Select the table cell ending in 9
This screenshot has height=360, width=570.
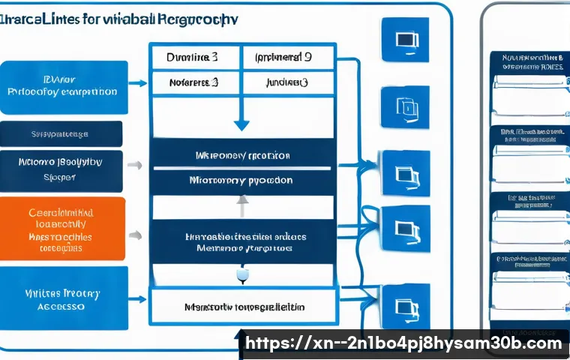(284, 56)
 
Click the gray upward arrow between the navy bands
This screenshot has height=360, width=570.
(241, 201)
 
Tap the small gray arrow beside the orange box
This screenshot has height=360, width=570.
(134, 235)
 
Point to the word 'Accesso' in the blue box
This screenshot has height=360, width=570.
(61, 306)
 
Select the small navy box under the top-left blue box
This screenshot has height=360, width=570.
(61, 133)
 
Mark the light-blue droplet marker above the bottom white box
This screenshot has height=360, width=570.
(241, 277)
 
